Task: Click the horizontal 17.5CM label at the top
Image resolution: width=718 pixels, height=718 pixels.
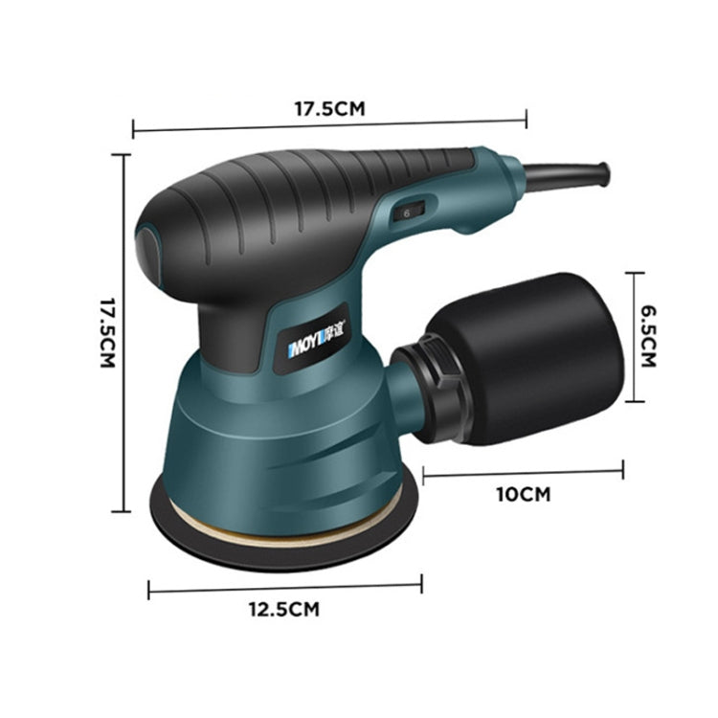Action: [329, 108]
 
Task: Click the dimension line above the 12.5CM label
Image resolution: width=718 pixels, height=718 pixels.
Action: [284, 586]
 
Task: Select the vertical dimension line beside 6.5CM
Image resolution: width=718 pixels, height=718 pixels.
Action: [632, 336]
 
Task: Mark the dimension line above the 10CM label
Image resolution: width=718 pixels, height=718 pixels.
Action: [523, 472]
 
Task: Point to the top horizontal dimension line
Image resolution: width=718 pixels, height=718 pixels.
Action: [329, 123]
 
